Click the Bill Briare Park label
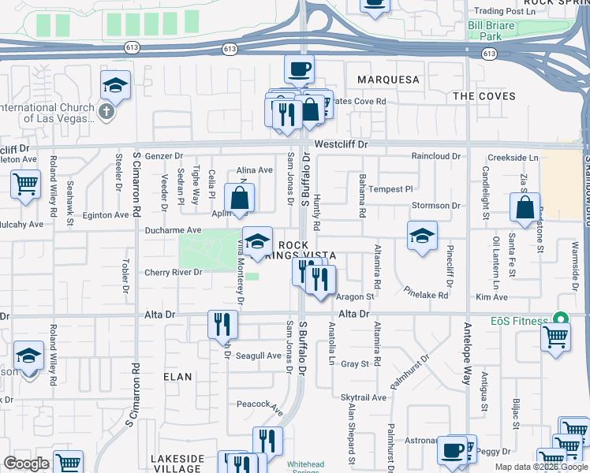click(x=495, y=31)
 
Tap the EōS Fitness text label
click(x=517, y=321)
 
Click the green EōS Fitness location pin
click(x=561, y=319)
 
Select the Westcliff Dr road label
click(x=341, y=145)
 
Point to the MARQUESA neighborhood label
click(x=388, y=80)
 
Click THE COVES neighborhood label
click(x=484, y=96)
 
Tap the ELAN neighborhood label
click(x=177, y=377)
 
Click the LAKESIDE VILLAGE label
click(x=177, y=463)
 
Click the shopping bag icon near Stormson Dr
click(x=525, y=209)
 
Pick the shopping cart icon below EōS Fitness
click(x=556, y=337)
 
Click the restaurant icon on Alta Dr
click(x=223, y=323)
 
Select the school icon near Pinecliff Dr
click(x=422, y=236)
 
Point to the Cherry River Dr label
click(x=174, y=273)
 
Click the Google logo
click(x=26, y=464)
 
